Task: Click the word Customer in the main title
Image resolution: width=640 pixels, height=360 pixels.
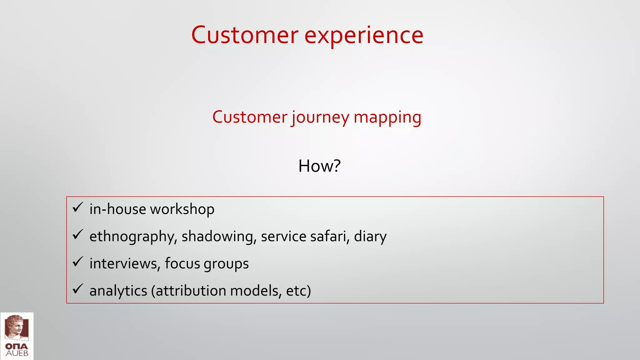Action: click(245, 35)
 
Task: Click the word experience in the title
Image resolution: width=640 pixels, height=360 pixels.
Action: click(364, 35)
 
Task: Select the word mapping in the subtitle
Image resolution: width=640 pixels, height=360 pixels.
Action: click(387, 117)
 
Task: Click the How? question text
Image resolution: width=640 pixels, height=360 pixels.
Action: click(319, 166)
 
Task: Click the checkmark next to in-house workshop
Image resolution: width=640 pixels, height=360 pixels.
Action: click(77, 207)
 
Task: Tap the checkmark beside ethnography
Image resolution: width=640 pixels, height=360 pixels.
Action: click(77, 234)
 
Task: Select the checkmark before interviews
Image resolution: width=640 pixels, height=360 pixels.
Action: click(77, 262)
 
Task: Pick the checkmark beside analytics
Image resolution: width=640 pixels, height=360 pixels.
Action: click(77, 289)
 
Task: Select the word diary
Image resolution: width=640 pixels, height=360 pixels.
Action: click(370, 237)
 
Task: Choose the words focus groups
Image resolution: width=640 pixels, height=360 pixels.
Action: click(207, 263)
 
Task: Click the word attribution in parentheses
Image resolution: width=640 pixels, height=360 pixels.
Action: click(191, 291)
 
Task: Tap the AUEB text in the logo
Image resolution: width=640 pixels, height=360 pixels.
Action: click(17, 353)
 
